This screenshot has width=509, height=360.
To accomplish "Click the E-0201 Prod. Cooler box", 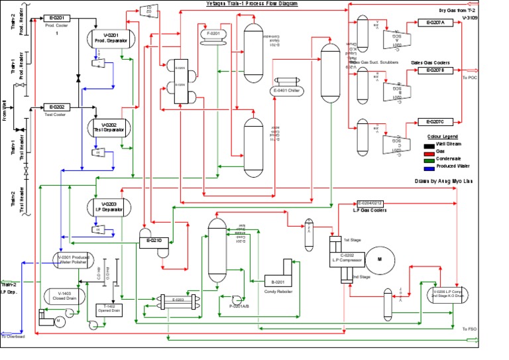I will (x=57, y=19).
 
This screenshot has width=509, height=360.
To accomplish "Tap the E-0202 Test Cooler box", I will (x=57, y=107).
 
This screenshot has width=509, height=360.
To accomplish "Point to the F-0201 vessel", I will (x=213, y=34).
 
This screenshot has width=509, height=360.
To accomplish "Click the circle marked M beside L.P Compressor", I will (x=379, y=258).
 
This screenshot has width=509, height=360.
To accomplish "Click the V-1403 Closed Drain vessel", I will (x=64, y=296).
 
